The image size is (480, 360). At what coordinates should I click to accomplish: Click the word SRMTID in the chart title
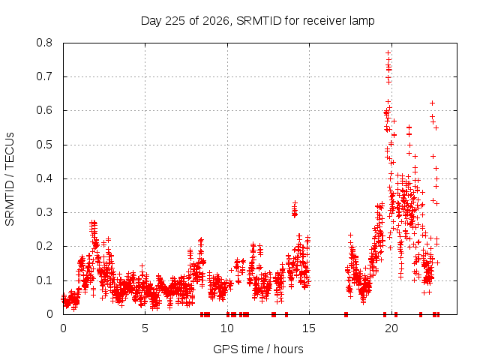(x=259, y=21)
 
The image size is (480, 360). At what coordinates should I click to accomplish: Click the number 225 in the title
(x=175, y=21)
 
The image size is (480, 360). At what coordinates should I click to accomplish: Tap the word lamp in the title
(x=361, y=22)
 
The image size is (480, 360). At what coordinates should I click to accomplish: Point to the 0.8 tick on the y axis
(x=44, y=43)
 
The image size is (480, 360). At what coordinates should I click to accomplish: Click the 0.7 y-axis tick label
(x=44, y=76)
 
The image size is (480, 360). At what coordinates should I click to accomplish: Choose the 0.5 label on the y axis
(x=44, y=145)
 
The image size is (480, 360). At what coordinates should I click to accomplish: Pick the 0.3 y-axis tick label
(x=44, y=212)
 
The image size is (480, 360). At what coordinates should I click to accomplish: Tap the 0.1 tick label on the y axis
(x=44, y=280)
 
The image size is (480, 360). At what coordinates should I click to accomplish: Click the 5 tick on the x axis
(x=145, y=328)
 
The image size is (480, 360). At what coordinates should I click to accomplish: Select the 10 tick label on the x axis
(x=227, y=328)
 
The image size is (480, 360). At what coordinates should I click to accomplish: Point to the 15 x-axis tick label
(x=309, y=328)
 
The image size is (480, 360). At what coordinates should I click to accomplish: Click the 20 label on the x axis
(x=391, y=328)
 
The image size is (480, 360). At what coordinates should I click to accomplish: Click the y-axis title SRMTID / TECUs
(x=10, y=179)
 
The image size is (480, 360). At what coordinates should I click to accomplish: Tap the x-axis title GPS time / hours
(x=258, y=349)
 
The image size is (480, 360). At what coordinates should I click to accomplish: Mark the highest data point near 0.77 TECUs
(x=388, y=53)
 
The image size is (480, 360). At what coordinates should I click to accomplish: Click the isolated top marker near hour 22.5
(x=432, y=103)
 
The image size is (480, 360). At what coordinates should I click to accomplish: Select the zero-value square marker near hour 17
(x=346, y=314)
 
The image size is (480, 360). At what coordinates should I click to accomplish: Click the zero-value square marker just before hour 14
(x=286, y=314)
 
